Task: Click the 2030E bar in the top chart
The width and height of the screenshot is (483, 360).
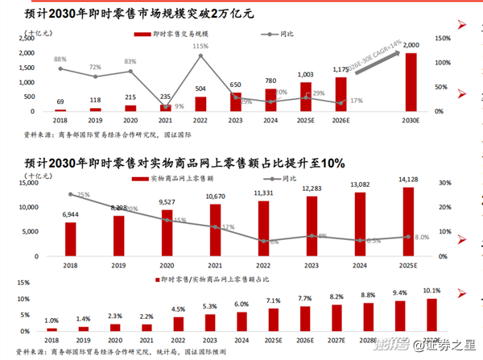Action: point(411,81)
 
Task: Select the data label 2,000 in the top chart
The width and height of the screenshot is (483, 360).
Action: point(411,45)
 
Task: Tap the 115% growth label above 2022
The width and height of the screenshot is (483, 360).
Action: point(200,47)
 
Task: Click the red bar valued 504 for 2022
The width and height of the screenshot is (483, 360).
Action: point(200,104)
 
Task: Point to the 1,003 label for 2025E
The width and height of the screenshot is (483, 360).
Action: point(306,74)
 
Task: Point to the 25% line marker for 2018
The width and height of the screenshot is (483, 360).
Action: point(72,194)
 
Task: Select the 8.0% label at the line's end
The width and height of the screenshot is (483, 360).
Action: point(420,238)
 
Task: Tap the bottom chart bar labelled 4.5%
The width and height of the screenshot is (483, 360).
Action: point(179,324)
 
